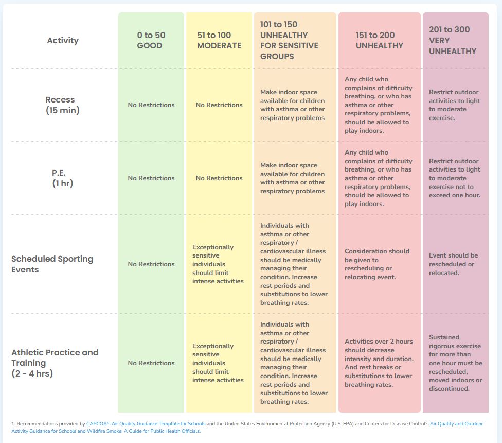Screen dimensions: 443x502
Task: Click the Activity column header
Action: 62,40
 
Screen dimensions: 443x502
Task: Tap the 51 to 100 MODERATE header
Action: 219,40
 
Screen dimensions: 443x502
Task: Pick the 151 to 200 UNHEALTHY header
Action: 379,40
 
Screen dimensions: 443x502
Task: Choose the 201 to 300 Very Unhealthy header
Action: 453,40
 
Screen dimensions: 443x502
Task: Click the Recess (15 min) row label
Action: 60,105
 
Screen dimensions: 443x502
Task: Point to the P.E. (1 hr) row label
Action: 60,178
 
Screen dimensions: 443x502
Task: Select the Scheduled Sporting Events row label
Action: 52,264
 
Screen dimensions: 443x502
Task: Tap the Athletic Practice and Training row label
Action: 55,363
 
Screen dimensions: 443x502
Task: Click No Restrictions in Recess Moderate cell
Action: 219,105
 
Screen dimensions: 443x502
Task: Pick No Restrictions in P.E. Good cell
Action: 151,178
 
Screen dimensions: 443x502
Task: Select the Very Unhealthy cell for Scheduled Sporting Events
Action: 453,264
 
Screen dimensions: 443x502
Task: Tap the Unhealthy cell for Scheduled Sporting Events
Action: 377,264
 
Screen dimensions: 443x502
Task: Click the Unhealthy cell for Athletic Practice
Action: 379,363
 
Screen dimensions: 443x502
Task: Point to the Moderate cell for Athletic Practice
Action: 218,363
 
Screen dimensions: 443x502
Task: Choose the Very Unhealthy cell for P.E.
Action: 455,178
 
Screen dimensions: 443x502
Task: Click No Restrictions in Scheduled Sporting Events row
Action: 151,264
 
